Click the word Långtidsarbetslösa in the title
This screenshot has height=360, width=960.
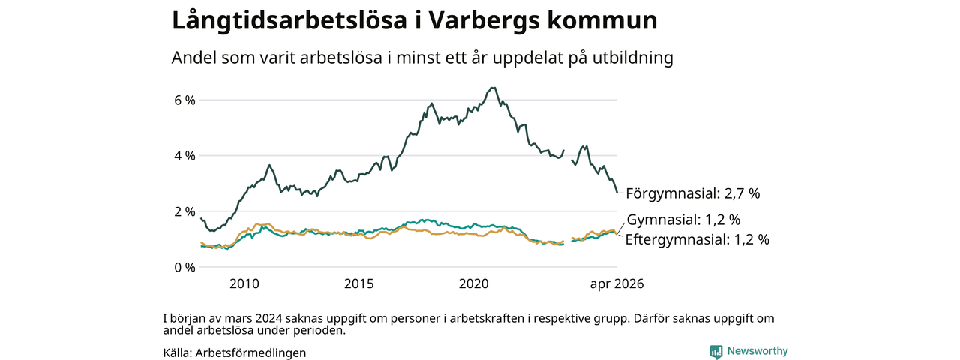pyautogui.click(x=289, y=20)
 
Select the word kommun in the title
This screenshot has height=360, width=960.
pyautogui.click(x=602, y=20)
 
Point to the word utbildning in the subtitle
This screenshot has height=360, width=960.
pyautogui.click(x=633, y=58)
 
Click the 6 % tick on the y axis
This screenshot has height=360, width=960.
pyautogui.click(x=184, y=100)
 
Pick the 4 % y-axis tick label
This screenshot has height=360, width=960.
pyautogui.click(x=184, y=156)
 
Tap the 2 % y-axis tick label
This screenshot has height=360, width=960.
pyautogui.click(x=184, y=211)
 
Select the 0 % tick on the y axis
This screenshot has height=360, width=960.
pyautogui.click(x=184, y=268)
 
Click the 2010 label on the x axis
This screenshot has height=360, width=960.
pyautogui.click(x=244, y=283)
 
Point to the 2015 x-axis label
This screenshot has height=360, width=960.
pyautogui.click(x=359, y=283)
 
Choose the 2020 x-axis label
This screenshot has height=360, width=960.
pyautogui.click(x=473, y=283)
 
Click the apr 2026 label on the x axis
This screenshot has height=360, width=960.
pyautogui.click(x=616, y=283)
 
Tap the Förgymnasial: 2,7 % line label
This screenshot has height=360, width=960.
pyautogui.click(x=693, y=193)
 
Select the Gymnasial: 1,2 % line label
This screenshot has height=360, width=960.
pyautogui.click(x=683, y=220)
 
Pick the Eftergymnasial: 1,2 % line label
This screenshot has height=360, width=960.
pyautogui.click(x=697, y=239)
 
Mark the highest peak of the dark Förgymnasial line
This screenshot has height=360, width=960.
pyautogui.click(x=493, y=88)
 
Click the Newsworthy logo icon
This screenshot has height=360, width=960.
pyautogui.click(x=716, y=352)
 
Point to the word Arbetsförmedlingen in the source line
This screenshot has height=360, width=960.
pyautogui.click(x=250, y=352)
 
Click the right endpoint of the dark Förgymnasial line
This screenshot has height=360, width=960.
pyautogui.click(x=617, y=192)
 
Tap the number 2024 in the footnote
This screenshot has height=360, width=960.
pyautogui.click(x=268, y=319)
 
